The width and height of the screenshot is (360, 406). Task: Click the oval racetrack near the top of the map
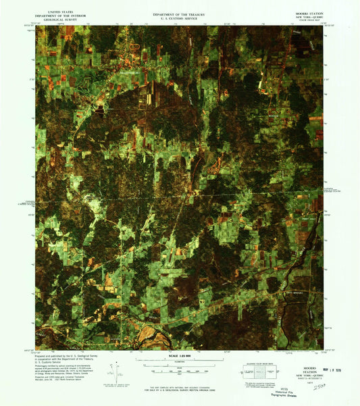133,47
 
